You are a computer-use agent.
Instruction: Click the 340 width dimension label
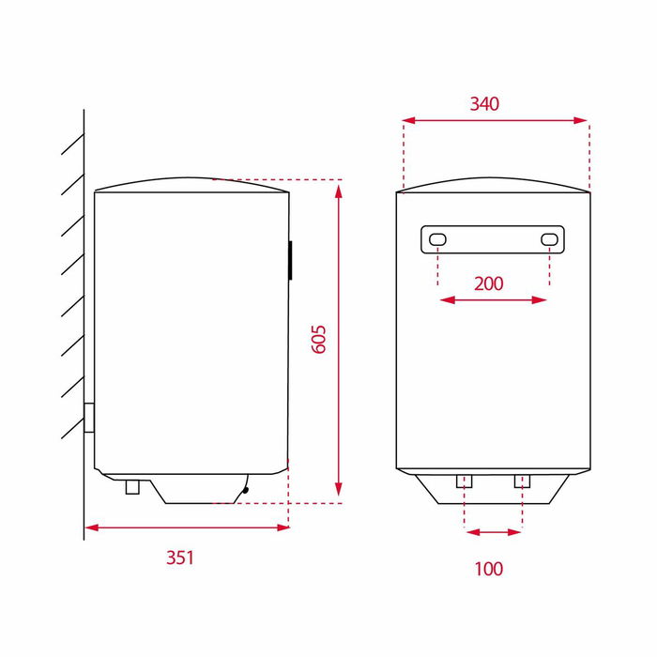tap(484, 103)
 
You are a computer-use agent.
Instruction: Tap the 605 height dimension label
tap(319, 339)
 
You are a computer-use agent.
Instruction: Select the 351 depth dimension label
tap(179, 558)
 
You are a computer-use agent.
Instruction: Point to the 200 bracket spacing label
tap(489, 283)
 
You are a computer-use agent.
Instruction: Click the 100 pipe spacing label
tap(489, 569)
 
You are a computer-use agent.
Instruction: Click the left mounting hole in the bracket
tap(438, 240)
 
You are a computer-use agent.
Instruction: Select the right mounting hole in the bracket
tap(549, 240)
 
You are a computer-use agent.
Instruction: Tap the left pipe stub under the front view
tap(464, 481)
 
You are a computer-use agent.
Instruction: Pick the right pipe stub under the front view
tap(522, 481)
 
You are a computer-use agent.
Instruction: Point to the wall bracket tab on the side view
tap(89, 418)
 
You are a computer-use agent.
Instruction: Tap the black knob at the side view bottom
tap(245, 487)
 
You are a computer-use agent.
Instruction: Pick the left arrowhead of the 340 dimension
tap(406, 120)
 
